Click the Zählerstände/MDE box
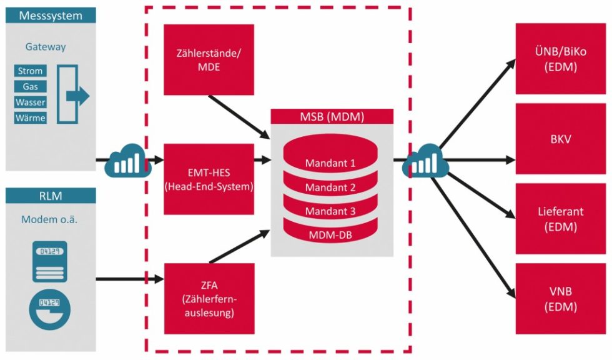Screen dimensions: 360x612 (209, 60)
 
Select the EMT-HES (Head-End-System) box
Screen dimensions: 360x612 (209, 179)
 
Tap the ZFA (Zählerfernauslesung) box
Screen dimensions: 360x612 (209, 298)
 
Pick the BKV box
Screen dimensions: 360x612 (560, 139)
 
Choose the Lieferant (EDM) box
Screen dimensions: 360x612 (560, 219)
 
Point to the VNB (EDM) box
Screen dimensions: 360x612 (560, 299)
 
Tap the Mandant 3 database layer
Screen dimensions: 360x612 (330, 211)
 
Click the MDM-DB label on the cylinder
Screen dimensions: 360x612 (330, 235)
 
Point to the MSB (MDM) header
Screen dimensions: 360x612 (332, 116)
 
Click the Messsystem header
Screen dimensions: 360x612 (51, 16)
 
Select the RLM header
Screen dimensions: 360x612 (51, 195)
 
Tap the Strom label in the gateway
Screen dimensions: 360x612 (30, 71)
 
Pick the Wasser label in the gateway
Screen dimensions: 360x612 (30, 102)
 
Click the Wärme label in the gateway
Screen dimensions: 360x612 (30, 117)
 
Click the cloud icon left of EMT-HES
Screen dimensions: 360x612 (125, 161)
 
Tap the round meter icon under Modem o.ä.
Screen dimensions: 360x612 (49, 307)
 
